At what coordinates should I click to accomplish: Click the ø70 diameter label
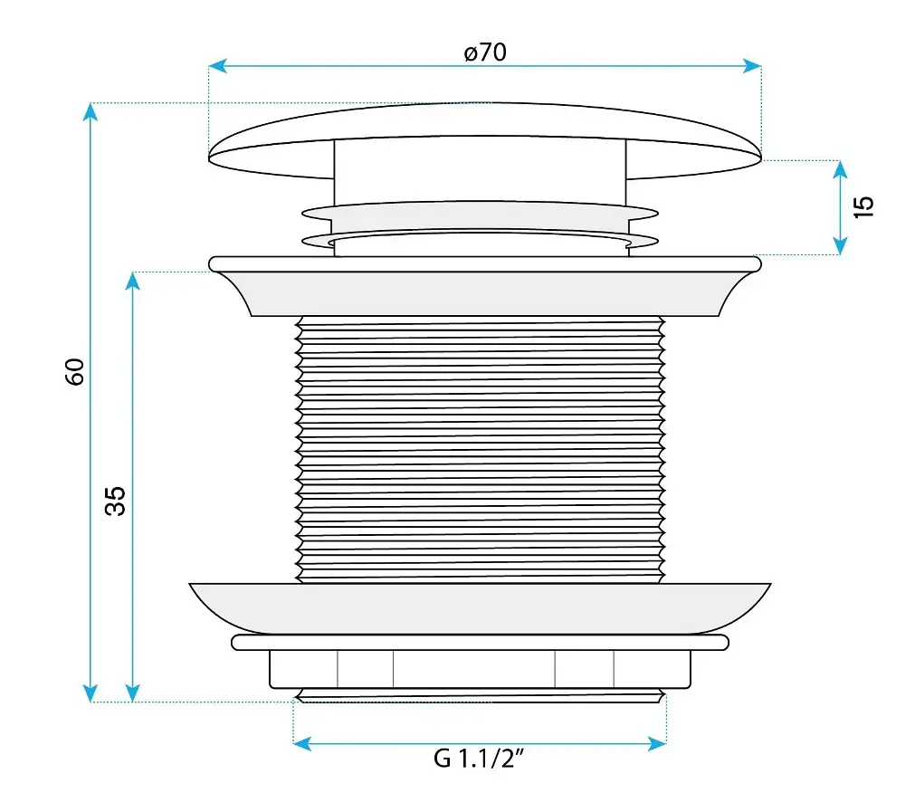(485, 53)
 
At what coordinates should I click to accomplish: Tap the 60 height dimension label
(75, 372)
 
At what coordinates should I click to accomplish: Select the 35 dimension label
(116, 501)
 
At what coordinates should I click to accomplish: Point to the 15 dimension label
(863, 207)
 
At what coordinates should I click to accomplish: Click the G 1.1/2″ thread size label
(479, 759)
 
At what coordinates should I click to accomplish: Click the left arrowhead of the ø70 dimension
(217, 66)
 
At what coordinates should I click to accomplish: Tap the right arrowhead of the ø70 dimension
(752, 66)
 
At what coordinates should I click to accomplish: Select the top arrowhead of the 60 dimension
(91, 111)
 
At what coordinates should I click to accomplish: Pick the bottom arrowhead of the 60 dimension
(91, 693)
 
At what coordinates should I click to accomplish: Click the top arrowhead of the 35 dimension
(133, 282)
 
